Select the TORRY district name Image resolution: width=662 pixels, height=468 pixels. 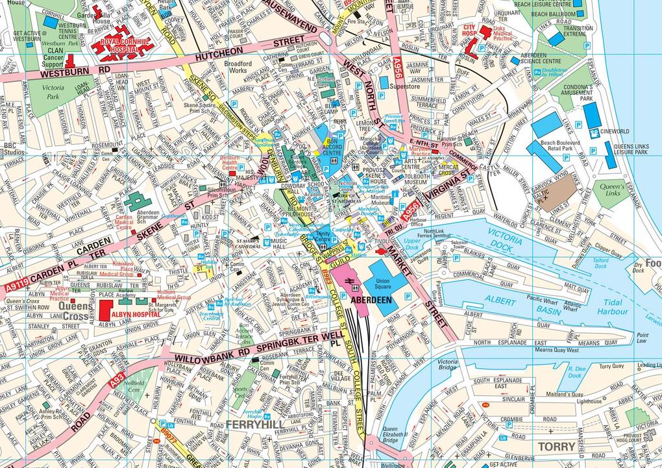tap(556, 447)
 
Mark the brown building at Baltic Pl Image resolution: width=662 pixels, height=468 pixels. tap(556, 188)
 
